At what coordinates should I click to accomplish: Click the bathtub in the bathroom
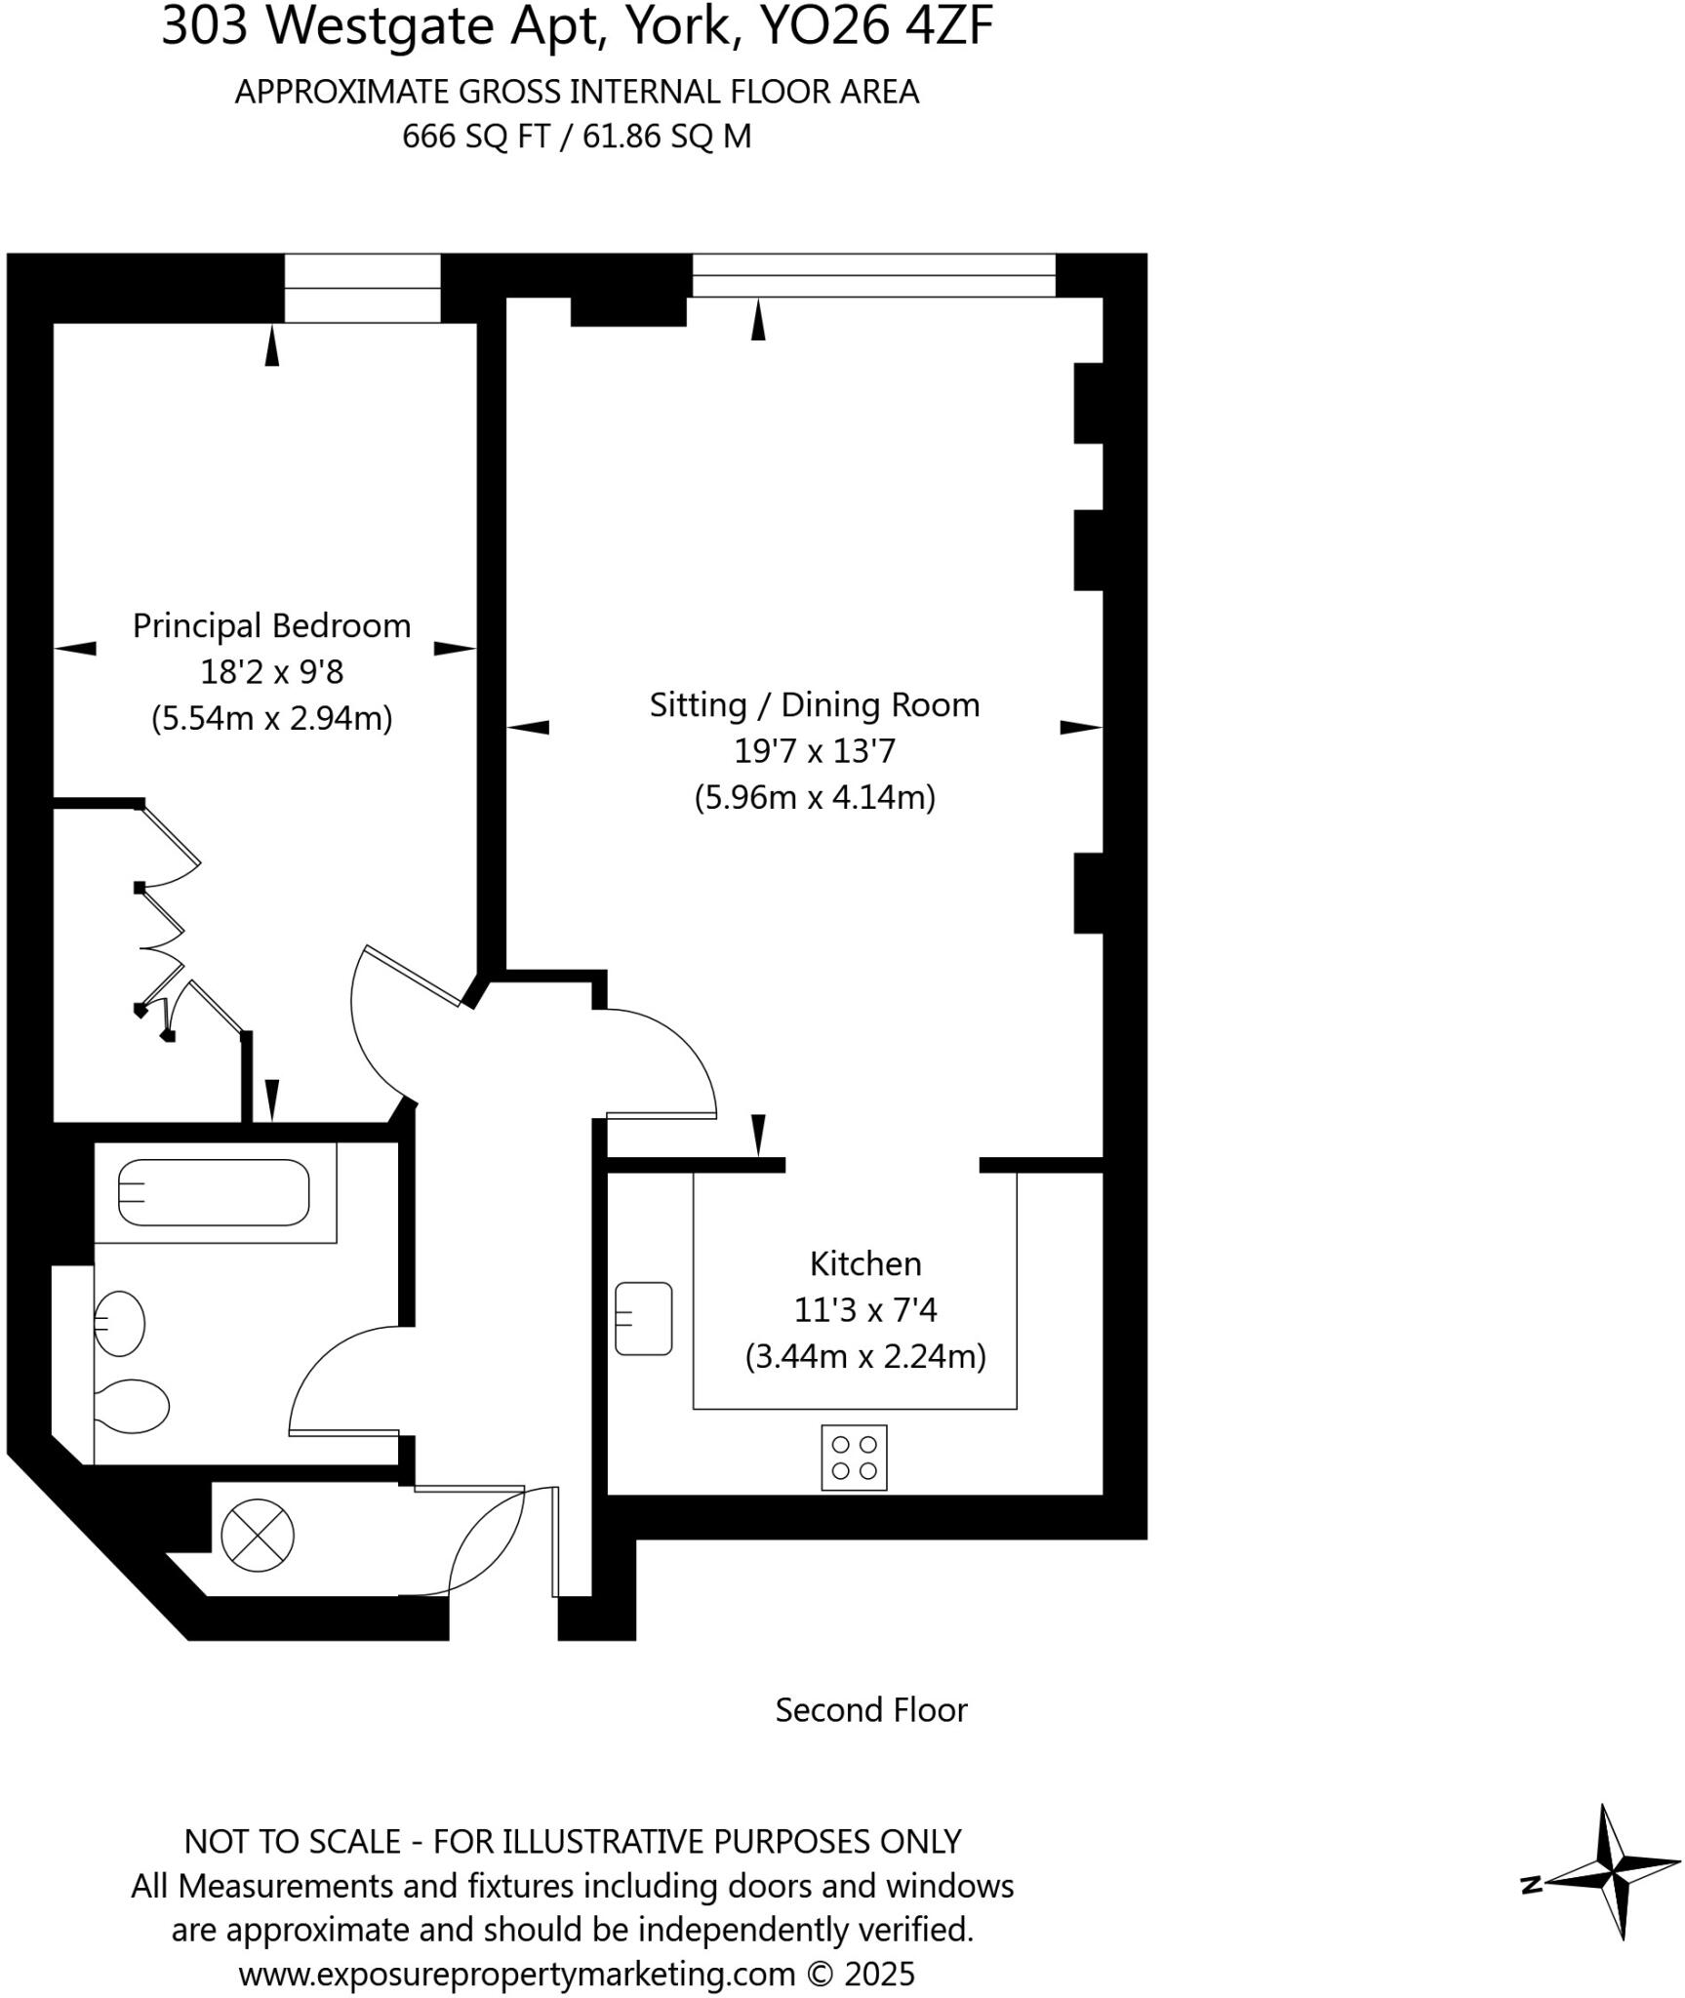(x=214, y=1192)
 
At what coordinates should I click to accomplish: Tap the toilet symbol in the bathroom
(x=134, y=1406)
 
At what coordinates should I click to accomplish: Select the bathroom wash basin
(x=120, y=1324)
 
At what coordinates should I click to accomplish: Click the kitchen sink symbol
(x=644, y=1319)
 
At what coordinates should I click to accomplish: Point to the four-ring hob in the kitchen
(x=854, y=1458)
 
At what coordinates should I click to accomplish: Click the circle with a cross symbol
(x=258, y=1536)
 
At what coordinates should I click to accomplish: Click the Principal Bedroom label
(x=271, y=625)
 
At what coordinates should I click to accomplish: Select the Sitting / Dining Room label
(x=815, y=704)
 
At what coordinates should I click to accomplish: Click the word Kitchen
(x=865, y=1264)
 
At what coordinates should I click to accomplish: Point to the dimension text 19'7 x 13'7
(x=815, y=751)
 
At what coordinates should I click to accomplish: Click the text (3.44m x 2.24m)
(x=865, y=1357)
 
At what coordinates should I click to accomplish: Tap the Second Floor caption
(x=870, y=1710)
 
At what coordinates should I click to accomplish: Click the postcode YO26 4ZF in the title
(x=875, y=27)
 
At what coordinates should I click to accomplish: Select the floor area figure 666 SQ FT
(x=476, y=136)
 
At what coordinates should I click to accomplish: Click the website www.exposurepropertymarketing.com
(x=517, y=1975)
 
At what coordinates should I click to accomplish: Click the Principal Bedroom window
(x=362, y=288)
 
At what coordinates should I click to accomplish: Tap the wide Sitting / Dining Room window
(x=873, y=275)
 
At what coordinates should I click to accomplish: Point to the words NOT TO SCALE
(x=293, y=1841)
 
